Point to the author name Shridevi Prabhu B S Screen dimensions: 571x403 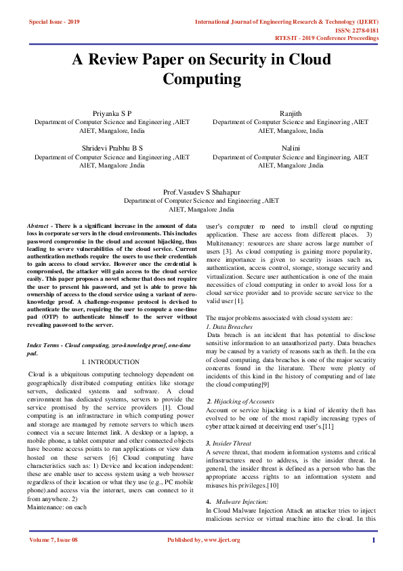[x=112, y=147]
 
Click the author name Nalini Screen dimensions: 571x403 [x=291, y=147]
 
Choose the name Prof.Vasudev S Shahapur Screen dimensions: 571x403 [x=201, y=193]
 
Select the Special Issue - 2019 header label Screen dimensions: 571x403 [x=54, y=22]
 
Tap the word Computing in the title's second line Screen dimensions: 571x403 [x=201, y=79]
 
